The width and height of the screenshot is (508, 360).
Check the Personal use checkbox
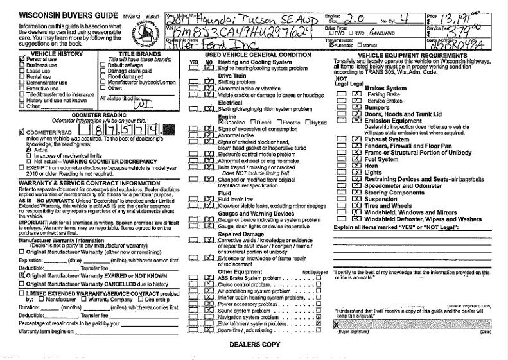(22, 59)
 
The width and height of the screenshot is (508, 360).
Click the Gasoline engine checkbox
(213, 123)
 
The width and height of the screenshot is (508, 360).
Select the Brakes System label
(385, 87)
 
